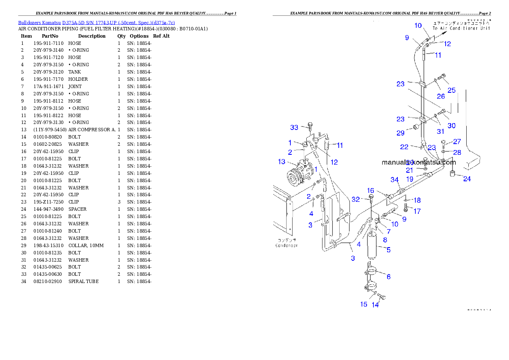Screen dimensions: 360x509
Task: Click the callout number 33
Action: coord(294,127)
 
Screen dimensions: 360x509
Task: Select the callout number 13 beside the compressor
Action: coord(281,162)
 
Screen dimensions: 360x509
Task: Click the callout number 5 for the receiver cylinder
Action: coord(388,250)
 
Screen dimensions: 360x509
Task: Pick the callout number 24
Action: coord(467,179)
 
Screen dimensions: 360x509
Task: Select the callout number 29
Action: coord(400,133)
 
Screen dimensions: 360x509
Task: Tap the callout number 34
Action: coord(394,180)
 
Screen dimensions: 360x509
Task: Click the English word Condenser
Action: coord(286,245)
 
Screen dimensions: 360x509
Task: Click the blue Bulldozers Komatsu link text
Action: coord(96,22)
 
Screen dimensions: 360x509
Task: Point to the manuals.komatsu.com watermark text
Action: coord(419,162)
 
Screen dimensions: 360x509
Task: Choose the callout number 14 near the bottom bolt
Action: coord(375,305)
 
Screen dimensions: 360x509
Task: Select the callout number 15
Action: coord(364,304)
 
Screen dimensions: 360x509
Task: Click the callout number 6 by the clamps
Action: coord(388,277)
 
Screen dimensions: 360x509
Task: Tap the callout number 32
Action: coord(356,199)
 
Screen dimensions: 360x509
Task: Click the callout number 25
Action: coord(452,90)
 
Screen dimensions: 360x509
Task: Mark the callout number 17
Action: coord(417,211)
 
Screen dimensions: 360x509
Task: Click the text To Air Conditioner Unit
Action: coord(461,28)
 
